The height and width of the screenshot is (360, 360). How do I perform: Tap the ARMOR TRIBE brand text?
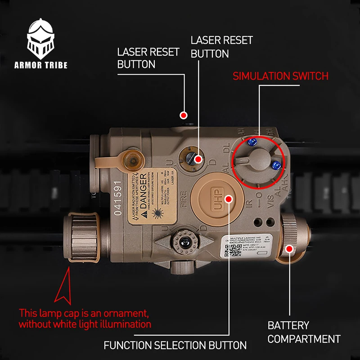[x=41, y=65]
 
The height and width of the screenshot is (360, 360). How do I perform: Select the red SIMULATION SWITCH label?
[x=280, y=76]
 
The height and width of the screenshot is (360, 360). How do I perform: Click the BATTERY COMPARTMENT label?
[x=303, y=332]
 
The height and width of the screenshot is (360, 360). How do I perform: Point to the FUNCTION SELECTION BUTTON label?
[x=175, y=346]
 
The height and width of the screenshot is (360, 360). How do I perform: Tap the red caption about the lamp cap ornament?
[x=85, y=318]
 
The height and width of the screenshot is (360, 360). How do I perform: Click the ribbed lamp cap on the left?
[x=83, y=236]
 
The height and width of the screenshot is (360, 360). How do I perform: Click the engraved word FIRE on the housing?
[x=184, y=198]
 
